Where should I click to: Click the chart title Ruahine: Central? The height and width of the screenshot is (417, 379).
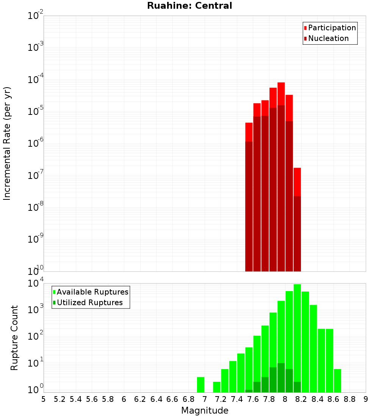[x=189, y=6]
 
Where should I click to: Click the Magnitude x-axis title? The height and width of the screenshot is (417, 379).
[x=205, y=411]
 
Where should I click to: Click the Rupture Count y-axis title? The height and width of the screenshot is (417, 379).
[x=14, y=338]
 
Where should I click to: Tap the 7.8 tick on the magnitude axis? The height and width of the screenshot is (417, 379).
[x=269, y=399]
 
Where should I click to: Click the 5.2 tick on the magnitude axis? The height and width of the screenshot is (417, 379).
[x=60, y=399]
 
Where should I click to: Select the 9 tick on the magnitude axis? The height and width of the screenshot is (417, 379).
[x=365, y=399]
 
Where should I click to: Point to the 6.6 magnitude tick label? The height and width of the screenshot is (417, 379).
[x=172, y=399]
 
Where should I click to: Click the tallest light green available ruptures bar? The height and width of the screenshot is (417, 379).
[x=297, y=337]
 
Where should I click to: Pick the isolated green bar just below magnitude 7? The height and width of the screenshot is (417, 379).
[x=200, y=384]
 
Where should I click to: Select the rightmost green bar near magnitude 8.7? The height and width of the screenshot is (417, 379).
[x=337, y=380]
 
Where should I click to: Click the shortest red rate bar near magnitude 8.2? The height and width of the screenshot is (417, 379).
[x=297, y=220]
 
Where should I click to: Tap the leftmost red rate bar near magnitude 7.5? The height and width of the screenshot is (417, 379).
[x=249, y=197]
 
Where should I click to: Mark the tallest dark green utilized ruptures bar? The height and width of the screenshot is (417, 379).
[x=281, y=378]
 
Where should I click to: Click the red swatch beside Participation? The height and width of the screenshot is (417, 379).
[x=305, y=28]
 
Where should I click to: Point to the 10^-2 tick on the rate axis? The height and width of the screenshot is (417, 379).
[x=36, y=16]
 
